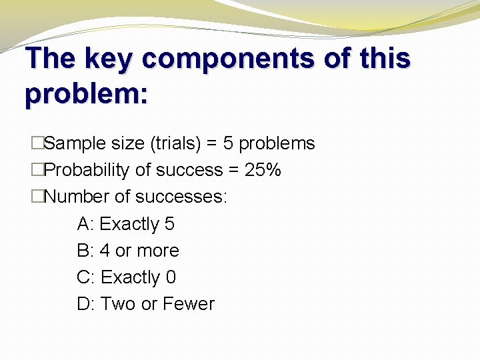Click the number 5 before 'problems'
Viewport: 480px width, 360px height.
tap(229, 143)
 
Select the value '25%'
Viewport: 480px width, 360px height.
tap(263, 170)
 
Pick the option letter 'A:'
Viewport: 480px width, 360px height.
tap(86, 224)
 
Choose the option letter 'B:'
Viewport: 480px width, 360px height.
tap(86, 251)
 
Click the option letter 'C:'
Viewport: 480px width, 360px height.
tap(86, 277)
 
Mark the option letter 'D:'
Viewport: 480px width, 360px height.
tap(87, 304)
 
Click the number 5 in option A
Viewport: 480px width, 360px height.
tap(169, 224)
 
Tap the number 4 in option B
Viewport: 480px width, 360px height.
tap(105, 251)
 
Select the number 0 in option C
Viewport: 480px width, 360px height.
tap(171, 277)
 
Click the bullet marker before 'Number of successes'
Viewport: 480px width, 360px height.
tap(37, 197)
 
